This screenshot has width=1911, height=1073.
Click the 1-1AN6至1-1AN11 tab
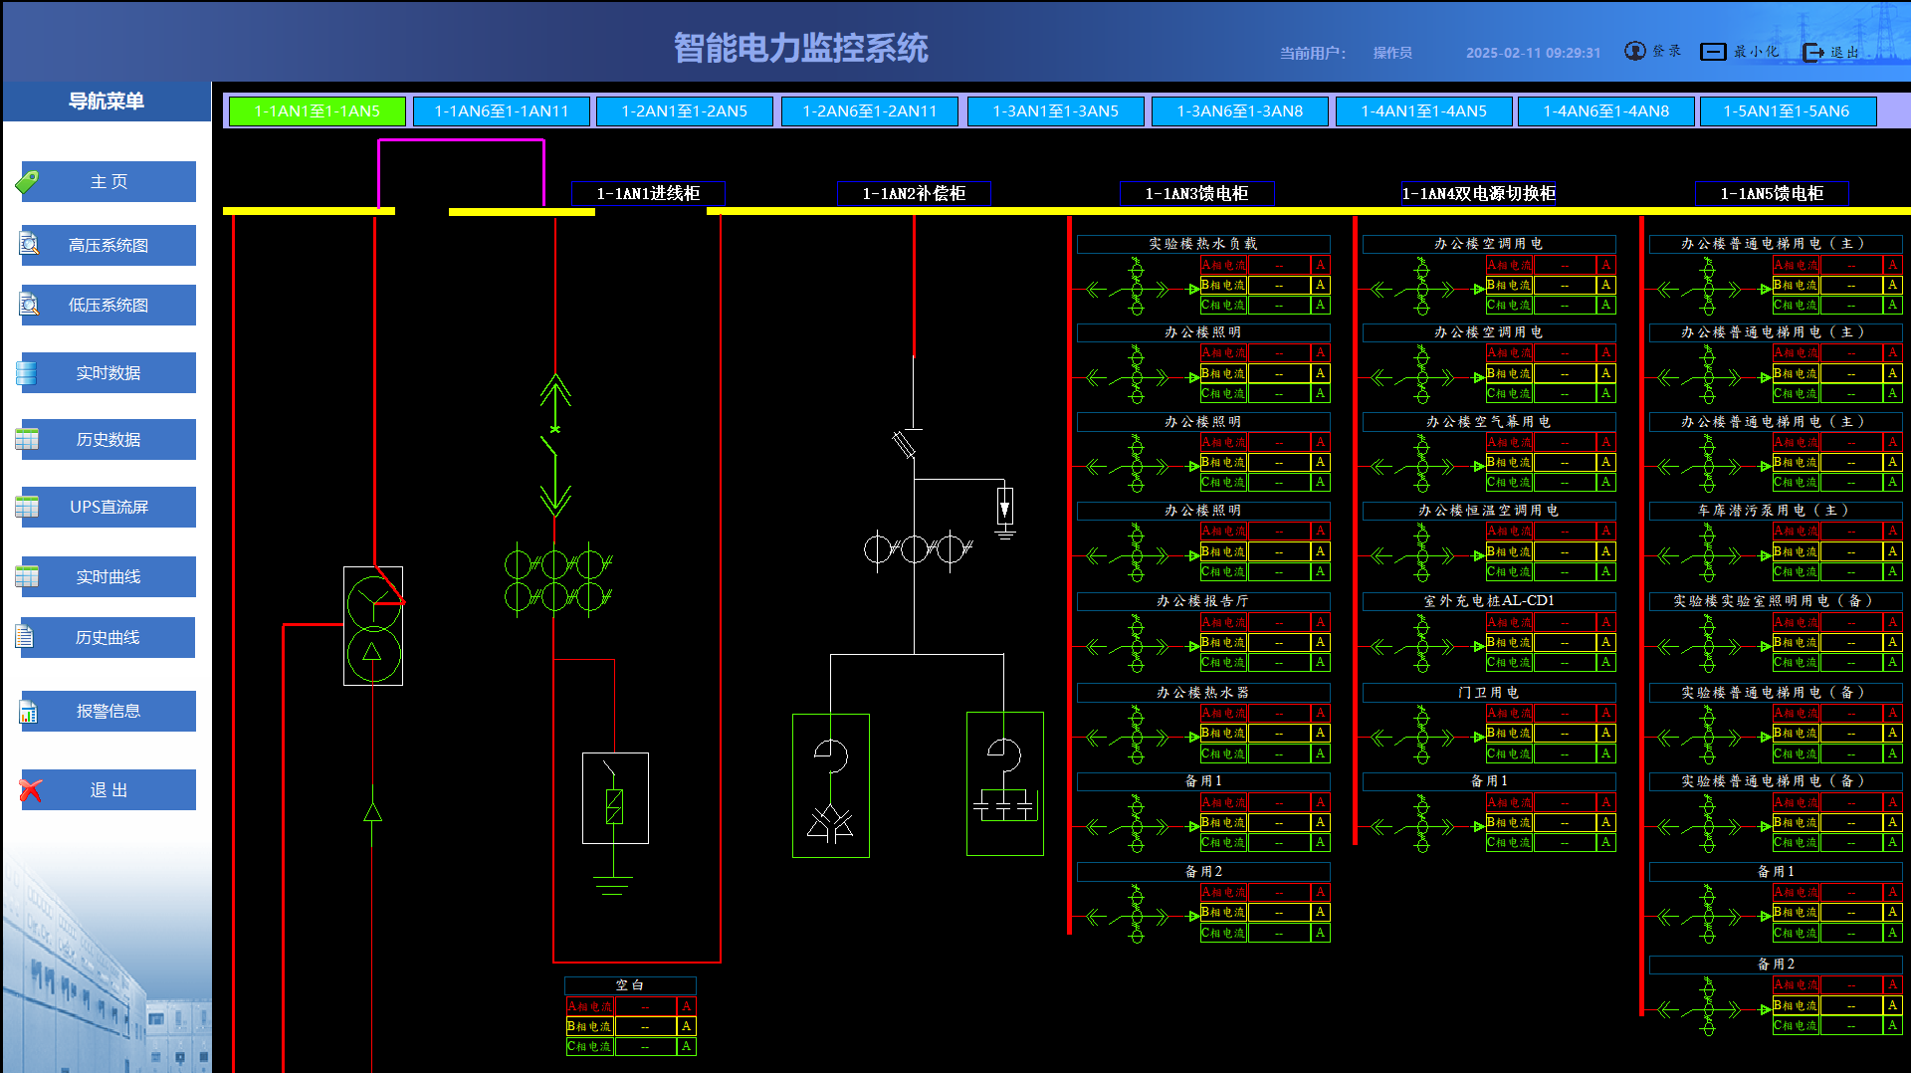(x=501, y=111)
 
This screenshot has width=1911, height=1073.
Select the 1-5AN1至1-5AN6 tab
(x=1786, y=111)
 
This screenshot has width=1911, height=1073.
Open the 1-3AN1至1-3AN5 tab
(x=1055, y=111)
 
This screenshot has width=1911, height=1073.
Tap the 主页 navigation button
(x=108, y=182)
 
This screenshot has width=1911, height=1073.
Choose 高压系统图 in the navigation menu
(x=108, y=246)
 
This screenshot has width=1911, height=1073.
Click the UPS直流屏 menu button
(x=108, y=508)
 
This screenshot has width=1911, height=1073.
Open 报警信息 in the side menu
(x=108, y=712)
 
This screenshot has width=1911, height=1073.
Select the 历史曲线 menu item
(x=108, y=638)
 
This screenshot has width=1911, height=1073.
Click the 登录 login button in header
(x=1653, y=52)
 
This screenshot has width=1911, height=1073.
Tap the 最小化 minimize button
(x=1739, y=52)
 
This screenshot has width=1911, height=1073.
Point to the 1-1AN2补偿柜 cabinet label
(x=914, y=194)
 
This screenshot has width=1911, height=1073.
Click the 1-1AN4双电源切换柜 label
(x=1478, y=194)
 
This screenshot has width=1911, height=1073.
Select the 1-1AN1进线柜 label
(x=648, y=194)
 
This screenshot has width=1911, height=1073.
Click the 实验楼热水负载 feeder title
(x=1202, y=244)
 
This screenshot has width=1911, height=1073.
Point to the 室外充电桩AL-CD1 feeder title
(x=1488, y=601)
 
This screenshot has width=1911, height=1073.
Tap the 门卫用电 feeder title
(x=1488, y=693)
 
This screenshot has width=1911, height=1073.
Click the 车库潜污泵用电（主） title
(x=1775, y=511)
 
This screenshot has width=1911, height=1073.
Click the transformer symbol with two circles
(x=373, y=626)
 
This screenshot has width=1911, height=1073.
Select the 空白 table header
(x=630, y=985)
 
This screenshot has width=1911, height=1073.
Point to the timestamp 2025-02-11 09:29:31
(x=1533, y=53)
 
